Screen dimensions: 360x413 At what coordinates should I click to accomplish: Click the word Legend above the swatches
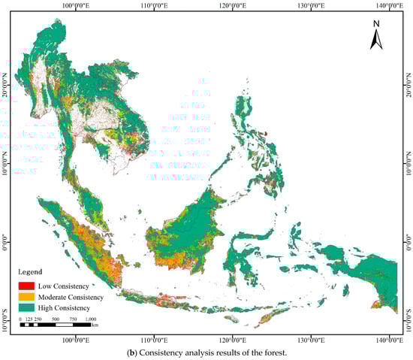(x=32, y=271)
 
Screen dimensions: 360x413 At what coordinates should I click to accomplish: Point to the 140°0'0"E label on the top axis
(x=388, y=6)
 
